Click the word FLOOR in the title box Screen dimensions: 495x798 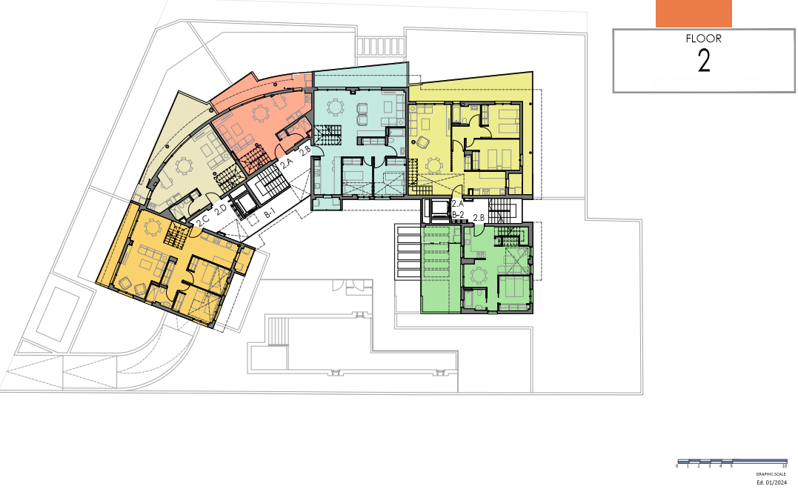point(704,39)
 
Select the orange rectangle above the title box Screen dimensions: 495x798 point(694,13)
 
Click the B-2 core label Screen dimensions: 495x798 point(458,215)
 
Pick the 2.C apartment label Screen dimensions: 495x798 point(202,219)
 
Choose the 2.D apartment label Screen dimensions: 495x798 point(220,211)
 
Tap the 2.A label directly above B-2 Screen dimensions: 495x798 point(457,203)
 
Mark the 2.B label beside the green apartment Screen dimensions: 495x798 point(479,217)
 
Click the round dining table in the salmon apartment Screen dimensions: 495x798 point(261,113)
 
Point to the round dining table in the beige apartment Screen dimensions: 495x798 point(182,167)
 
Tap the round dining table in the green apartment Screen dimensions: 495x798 point(479,276)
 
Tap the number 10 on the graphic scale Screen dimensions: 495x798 point(784,466)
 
